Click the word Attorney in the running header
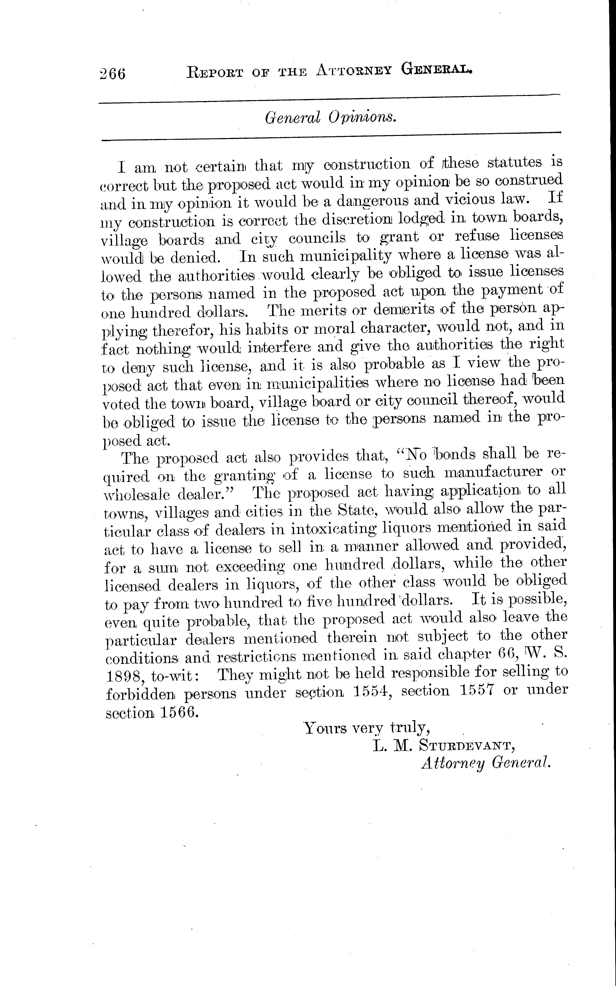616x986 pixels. click(353, 71)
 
